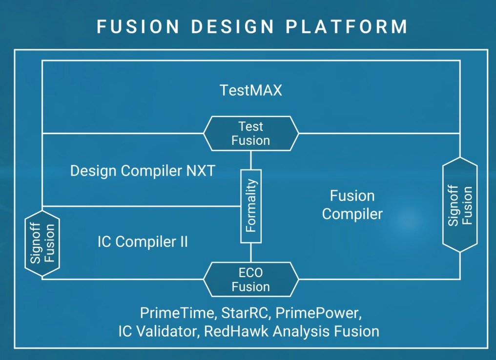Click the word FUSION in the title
coord(138,26)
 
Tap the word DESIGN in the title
coord(232,26)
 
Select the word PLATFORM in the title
coord(347,26)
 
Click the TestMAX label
coord(251,90)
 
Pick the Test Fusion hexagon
coord(251,133)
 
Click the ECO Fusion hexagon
coord(251,280)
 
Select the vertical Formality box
coord(251,206)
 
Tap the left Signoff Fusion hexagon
coord(42,243)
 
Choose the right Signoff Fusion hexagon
coord(459,205)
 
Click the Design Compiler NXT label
coord(143,171)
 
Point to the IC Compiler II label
coord(143,242)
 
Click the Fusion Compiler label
coord(352,205)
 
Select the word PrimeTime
coord(177,313)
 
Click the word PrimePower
coord(318,313)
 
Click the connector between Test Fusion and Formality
coord(251,160)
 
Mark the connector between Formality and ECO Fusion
coord(251,253)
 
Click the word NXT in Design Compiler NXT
coord(201,171)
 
